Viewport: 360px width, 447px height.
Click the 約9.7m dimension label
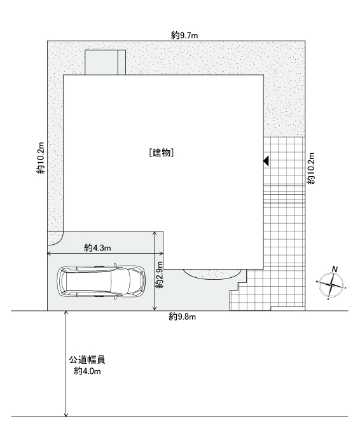(184, 36)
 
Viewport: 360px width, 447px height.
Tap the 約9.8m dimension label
(182, 317)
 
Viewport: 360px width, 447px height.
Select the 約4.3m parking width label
(97, 248)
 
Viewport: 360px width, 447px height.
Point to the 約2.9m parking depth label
(160, 275)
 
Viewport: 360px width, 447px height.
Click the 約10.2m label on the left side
(41, 158)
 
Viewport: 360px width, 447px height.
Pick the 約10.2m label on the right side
(310, 168)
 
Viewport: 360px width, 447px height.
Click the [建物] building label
(162, 153)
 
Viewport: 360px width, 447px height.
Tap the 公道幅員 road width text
(87, 360)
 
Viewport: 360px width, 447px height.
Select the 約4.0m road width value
(87, 371)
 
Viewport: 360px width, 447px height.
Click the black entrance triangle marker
(266, 161)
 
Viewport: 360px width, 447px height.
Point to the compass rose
(331, 284)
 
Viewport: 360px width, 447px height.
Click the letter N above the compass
(335, 269)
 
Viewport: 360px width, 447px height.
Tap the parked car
(100, 282)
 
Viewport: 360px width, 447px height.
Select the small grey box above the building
(105, 62)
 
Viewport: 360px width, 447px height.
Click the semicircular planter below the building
(211, 274)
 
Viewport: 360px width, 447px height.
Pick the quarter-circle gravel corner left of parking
(53, 237)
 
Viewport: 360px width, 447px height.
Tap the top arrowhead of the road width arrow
(66, 313)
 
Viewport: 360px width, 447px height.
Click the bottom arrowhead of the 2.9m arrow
(155, 308)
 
